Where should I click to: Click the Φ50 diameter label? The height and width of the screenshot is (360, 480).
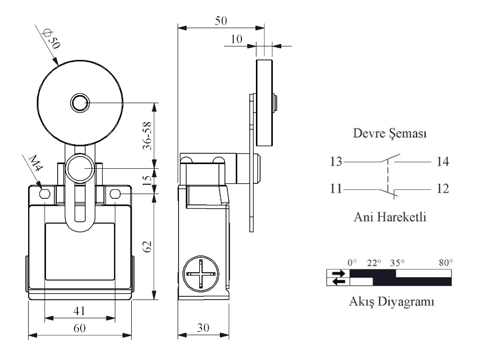pos(51,40)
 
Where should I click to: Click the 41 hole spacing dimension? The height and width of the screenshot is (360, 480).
pos(79,310)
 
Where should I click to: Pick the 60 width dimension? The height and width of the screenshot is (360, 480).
pos(79,328)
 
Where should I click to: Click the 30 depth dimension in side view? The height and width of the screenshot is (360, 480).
pos(202,328)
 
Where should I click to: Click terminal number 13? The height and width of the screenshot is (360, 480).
pos(335,162)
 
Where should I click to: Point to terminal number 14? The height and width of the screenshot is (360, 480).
pos(442,162)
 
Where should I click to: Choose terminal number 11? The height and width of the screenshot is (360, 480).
pos(335,189)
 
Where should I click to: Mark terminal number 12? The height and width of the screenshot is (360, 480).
pos(442,189)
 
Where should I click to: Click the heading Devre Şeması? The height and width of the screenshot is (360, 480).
pos(390,134)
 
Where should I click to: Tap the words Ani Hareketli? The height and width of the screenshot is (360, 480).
pos(390,217)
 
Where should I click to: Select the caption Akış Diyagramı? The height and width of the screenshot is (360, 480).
pos(390,301)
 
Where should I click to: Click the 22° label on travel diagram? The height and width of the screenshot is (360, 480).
pos(374,262)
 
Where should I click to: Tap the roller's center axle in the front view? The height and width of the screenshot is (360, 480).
pos(79,102)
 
